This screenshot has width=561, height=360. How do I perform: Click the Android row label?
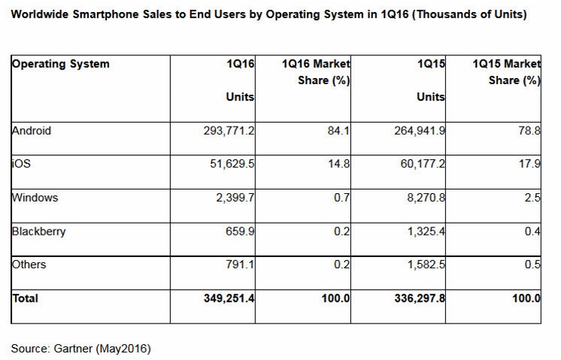32,130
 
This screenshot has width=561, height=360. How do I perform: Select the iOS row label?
20,164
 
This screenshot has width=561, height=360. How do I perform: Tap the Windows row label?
35,198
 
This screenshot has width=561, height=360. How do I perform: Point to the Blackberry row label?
39,231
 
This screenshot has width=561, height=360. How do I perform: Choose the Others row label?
30,265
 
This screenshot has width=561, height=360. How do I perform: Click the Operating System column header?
61,64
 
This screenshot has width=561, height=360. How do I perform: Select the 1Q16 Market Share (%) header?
315,73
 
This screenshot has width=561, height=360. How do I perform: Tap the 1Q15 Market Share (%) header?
506,73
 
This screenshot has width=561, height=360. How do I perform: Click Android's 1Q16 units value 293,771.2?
225,131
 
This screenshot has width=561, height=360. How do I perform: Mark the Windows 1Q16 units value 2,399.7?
231,198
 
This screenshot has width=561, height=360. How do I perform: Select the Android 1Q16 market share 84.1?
337,131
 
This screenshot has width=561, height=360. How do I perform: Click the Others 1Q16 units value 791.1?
237,265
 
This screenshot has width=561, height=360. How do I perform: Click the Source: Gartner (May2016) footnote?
81,349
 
